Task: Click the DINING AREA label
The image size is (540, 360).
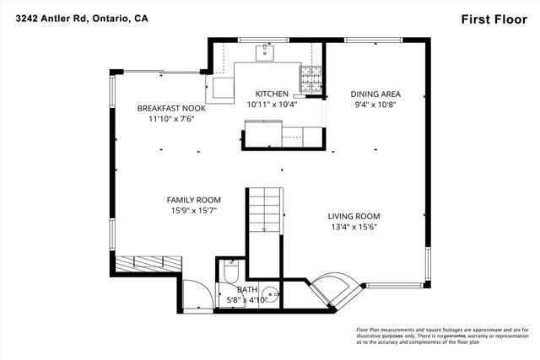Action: (x=375, y=94)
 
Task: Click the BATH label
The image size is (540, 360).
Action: (x=246, y=289)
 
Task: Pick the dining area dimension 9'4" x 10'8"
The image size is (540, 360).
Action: (x=375, y=105)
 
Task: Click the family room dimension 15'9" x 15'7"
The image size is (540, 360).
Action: (x=195, y=211)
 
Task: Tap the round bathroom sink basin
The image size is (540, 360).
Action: (x=268, y=297)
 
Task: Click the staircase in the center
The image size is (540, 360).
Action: (x=264, y=211)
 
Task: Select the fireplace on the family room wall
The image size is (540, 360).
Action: (x=149, y=263)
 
